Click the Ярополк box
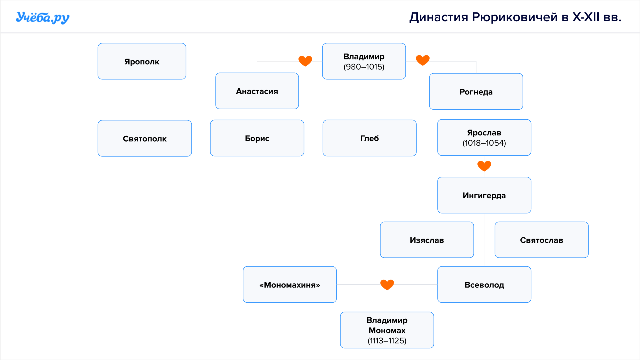[x=142, y=61]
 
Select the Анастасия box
[x=257, y=91]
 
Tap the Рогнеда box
[x=476, y=92]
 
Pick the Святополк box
[x=145, y=138]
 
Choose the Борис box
[x=257, y=138]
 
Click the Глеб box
[x=370, y=138]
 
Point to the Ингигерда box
[x=484, y=195]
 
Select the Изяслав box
[x=427, y=240]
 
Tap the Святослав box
[x=542, y=240]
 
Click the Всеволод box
[x=484, y=285]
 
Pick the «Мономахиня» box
[x=290, y=285]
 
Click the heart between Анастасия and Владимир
[x=305, y=61]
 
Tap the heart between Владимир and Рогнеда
[x=423, y=60]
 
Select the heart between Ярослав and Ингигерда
[x=484, y=166]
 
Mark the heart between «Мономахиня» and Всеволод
[x=387, y=285]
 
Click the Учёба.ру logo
[x=43, y=18]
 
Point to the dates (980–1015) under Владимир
[x=364, y=67]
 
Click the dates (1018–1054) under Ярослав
[x=484, y=143]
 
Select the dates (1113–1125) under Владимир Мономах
[x=387, y=341]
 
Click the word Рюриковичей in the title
[x=515, y=17]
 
